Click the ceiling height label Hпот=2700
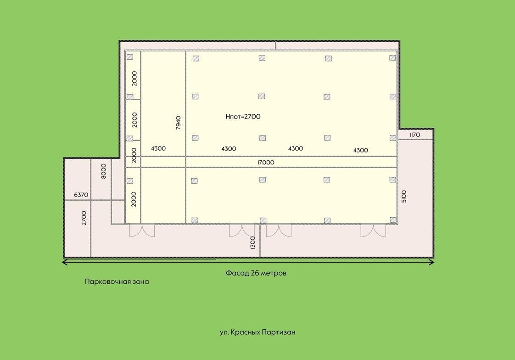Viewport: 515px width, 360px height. tap(243, 117)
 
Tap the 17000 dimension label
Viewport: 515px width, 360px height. tap(266, 162)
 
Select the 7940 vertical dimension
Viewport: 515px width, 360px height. tap(179, 123)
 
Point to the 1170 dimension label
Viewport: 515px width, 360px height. tap(415, 135)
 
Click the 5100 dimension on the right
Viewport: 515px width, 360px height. tap(404, 196)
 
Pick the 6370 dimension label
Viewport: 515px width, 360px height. tap(81, 195)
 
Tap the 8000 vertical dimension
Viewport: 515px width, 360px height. tap(103, 171)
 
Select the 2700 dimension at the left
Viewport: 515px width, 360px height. tap(84, 218)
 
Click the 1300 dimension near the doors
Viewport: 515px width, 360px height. tap(252, 243)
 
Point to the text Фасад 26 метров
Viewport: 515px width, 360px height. tap(256, 273)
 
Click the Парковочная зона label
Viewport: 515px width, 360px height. tap(117, 282)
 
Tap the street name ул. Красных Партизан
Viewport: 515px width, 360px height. tap(257, 332)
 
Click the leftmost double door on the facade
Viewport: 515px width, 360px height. tap(142, 230)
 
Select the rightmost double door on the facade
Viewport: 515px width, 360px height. tap(373, 230)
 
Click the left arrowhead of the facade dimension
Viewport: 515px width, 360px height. tap(65, 262)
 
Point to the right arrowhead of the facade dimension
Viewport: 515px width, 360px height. tap(431, 262)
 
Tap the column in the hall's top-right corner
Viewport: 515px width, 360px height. tap(392, 58)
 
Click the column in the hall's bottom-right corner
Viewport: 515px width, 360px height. tap(393, 220)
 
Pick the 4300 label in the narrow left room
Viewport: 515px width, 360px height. tap(158, 148)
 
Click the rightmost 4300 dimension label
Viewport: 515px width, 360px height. tap(360, 150)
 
